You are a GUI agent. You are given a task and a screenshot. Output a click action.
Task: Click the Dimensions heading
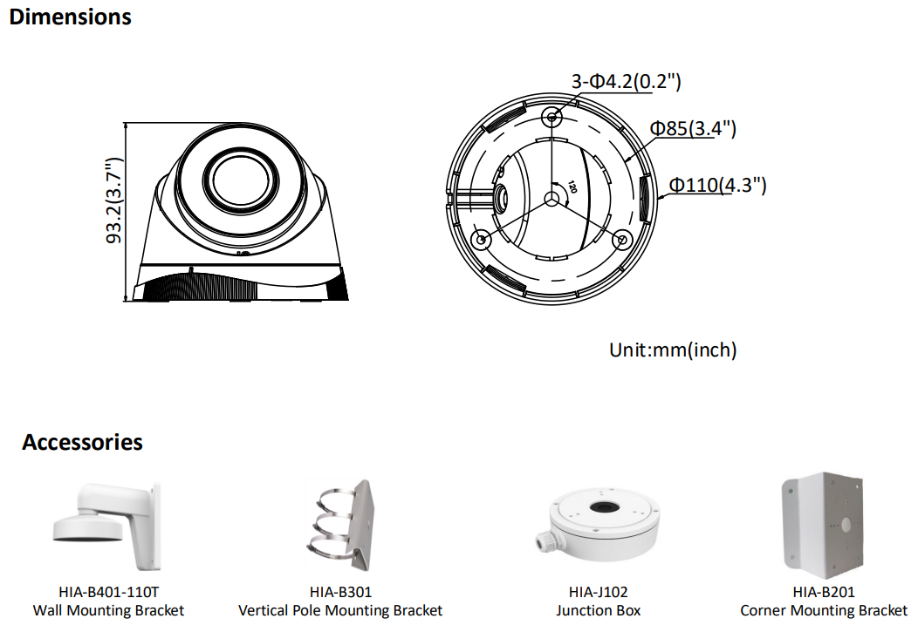click(71, 17)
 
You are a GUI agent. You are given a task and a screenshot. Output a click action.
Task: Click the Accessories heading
click(83, 443)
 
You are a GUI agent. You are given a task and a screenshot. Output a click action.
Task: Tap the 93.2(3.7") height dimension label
click(114, 200)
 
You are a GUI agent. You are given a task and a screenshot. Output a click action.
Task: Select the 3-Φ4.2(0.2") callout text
click(626, 81)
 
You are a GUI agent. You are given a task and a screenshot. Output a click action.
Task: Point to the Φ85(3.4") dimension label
click(693, 128)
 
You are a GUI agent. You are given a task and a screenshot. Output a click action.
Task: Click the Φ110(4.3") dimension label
click(717, 185)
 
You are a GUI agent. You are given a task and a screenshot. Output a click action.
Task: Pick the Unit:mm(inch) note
click(673, 350)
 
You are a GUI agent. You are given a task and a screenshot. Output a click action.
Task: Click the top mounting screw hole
click(551, 117)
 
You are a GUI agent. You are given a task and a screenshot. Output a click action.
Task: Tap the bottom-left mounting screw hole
click(481, 239)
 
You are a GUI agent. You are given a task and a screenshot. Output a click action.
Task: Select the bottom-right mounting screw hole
click(622, 239)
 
